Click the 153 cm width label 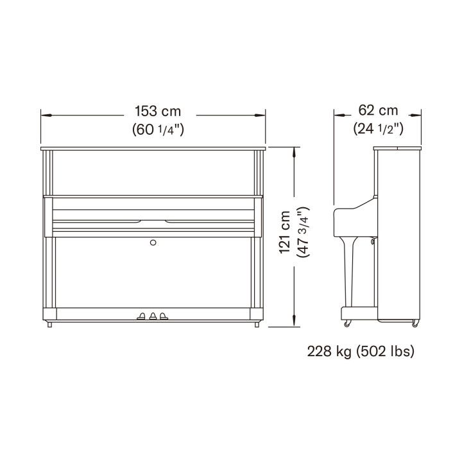click(x=158, y=112)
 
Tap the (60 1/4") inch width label click(x=158, y=130)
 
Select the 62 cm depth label click(x=378, y=110)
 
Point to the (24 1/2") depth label click(x=379, y=128)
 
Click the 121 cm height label click(x=285, y=232)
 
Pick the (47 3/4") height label click(x=304, y=232)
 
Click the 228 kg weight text click(x=329, y=352)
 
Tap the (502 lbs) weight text click(x=386, y=352)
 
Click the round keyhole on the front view click(x=153, y=243)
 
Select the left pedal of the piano click(x=141, y=316)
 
